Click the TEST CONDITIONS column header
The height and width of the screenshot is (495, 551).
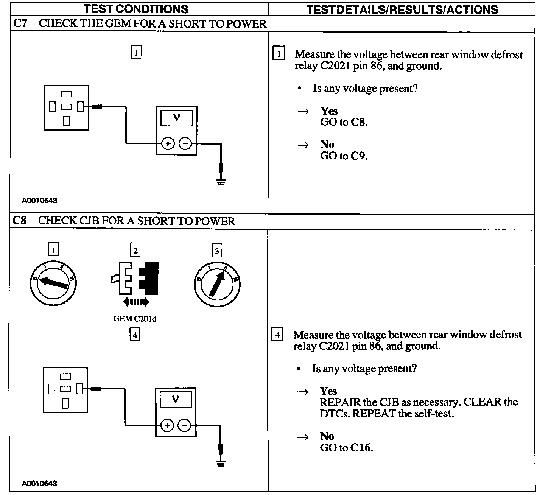click(136, 9)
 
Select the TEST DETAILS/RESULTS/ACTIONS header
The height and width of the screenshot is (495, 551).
click(402, 9)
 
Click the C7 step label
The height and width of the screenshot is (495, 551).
click(20, 24)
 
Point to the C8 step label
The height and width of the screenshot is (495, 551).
click(20, 221)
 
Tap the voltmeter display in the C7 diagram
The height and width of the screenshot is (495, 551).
click(176, 118)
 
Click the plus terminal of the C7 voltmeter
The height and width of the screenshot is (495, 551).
click(168, 144)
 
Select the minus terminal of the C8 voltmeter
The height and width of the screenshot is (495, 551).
click(184, 425)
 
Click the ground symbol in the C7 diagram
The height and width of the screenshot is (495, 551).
click(221, 182)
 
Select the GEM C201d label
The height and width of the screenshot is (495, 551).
click(135, 319)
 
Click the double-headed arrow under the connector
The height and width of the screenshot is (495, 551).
click(136, 302)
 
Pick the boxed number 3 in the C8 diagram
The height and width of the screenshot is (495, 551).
click(217, 251)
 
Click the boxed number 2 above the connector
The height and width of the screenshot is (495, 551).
click(135, 250)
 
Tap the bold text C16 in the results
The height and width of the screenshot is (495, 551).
click(361, 448)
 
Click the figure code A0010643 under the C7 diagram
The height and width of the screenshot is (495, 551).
click(39, 201)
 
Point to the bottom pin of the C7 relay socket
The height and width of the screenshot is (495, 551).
click(67, 121)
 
